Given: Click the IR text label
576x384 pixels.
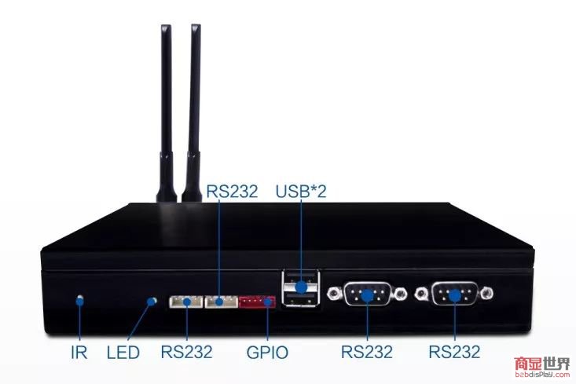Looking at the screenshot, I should pos(79,352).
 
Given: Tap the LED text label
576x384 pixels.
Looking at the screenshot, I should pos(123,352).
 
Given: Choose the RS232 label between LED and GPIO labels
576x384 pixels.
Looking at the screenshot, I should pos(186,352).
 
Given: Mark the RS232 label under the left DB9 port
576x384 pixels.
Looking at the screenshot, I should pos(368,352).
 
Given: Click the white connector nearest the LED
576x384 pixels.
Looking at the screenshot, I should pos(185,302).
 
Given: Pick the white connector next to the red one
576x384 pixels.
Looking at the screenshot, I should pos(221,302).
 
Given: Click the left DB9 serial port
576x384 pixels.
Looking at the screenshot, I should pos(368,295).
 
